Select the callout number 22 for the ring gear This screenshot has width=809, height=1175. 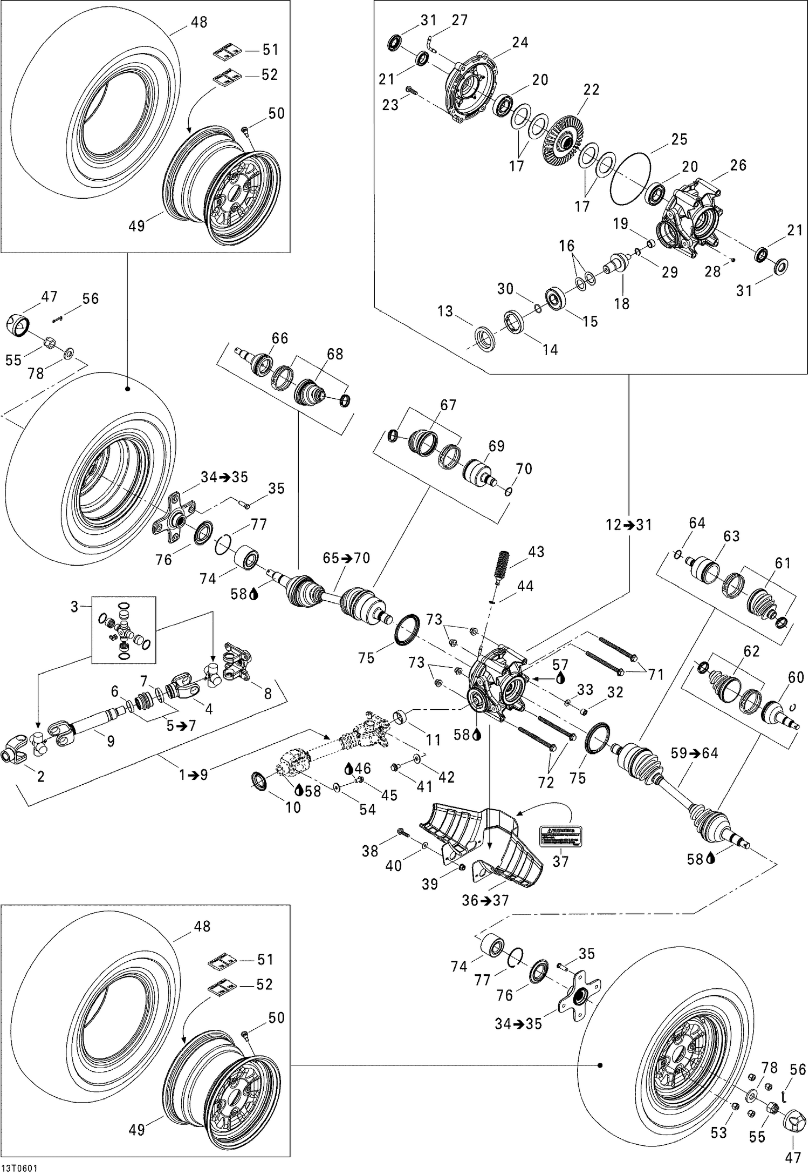[591, 90]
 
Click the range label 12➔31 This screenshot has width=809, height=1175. [628, 524]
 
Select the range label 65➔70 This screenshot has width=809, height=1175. [346, 558]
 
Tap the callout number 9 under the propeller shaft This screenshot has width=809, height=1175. [111, 741]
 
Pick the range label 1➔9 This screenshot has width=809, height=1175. [194, 775]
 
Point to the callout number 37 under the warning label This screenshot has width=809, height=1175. [561, 861]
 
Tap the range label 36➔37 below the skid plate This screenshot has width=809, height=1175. [485, 900]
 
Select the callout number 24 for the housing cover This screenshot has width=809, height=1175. [520, 42]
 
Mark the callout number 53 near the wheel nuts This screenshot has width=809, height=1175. [718, 1117]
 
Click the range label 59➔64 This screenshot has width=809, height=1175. [694, 753]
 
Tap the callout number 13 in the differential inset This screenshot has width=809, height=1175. [445, 311]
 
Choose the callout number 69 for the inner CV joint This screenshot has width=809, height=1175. [496, 446]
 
